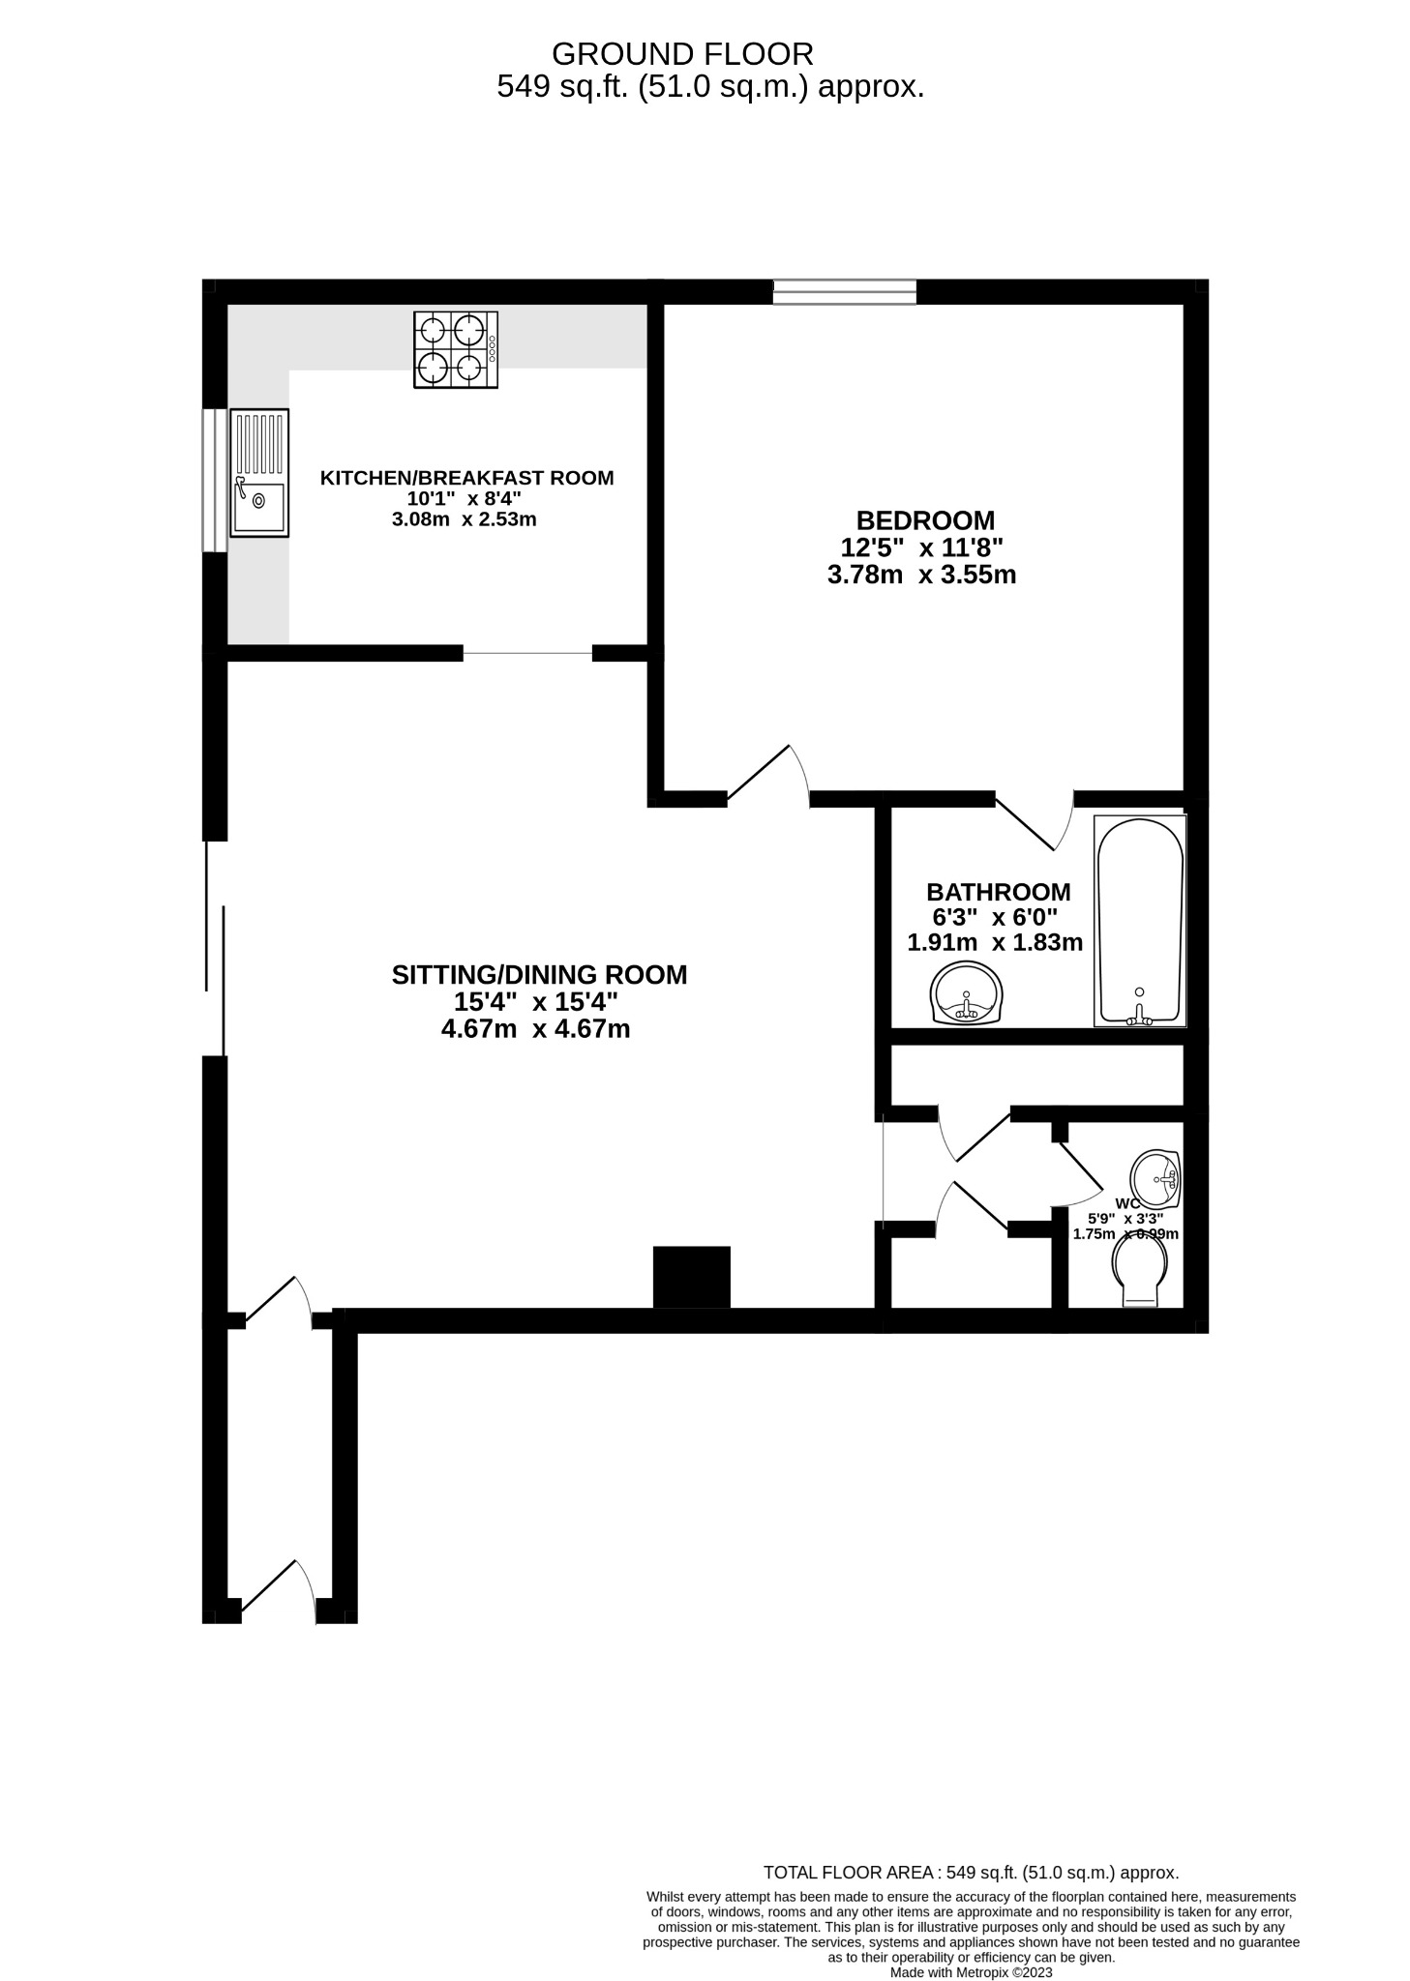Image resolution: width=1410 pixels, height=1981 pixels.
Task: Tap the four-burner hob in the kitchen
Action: pos(455,350)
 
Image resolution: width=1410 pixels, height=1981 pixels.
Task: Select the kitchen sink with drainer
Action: pos(259,472)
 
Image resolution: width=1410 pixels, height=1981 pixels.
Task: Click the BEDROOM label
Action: pos(924,520)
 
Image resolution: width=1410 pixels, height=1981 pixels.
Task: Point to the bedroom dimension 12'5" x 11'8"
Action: pos(920,547)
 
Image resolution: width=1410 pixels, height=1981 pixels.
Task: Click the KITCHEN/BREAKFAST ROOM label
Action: pos(466,478)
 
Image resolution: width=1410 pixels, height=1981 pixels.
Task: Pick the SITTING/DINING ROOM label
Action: pos(539,975)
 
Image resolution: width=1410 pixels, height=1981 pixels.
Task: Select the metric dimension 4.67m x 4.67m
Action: pos(535,1029)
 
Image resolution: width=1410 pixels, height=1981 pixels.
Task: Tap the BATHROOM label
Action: pos(998,892)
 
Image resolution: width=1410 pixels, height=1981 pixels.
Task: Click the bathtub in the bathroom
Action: pos(1139,921)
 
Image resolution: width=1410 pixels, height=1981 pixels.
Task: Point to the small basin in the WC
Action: pos(1156,1179)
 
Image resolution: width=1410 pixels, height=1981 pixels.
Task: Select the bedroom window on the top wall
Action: pos(844,291)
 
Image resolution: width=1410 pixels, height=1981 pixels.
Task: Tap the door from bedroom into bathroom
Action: pos(1035,821)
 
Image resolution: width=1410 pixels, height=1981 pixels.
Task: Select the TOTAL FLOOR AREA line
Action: pos(970,1873)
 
